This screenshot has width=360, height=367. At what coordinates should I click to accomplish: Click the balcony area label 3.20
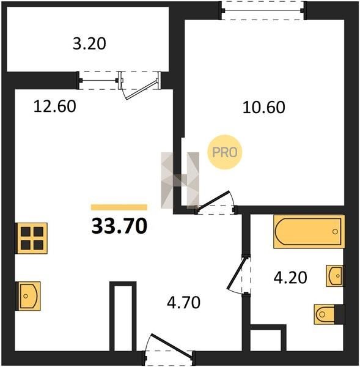[89, 43]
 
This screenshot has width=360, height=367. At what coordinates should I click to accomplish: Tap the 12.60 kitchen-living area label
[55, 106]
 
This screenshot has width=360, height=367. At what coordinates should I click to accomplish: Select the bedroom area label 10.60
[264, 108]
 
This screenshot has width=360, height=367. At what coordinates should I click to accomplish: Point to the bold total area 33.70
[119, 226]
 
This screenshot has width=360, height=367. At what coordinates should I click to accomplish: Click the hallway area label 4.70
[183, 302]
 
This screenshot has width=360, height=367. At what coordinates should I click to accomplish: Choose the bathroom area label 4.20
[290, 278]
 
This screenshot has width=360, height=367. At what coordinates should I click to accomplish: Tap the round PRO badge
[224, 152]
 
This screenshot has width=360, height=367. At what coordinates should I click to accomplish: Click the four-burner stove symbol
[31, 239]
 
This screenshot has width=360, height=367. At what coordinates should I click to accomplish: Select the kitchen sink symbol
[28, 296]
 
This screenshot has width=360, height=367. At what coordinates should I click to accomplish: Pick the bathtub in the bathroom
[309, 232]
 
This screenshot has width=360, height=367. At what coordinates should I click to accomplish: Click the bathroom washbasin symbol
[335, 276]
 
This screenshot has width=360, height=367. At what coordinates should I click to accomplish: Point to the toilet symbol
[329, 314]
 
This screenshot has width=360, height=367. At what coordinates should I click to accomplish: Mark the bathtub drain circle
[335, 232]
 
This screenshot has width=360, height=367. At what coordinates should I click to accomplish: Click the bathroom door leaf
[237, 273]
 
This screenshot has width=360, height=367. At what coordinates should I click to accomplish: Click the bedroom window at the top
[263, 10]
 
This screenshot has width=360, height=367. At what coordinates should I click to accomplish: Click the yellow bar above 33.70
[119, 207]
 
